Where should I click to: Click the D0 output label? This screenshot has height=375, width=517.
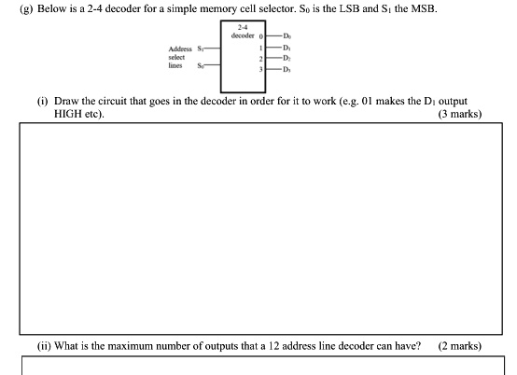pyautogui.click(x=274, y=36)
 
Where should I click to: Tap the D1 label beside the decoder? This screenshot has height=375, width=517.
pyautogui.click(x=274, y=47)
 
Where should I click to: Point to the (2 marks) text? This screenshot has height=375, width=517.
pyautogui.click(x=460, y=345)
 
